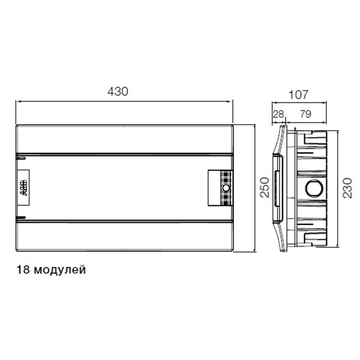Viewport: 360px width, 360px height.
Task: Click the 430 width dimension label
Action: click(x=118, y=91)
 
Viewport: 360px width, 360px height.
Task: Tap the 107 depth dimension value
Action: click(x=298, y=95)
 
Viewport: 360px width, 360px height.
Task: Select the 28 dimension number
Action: click(x=278, y=114)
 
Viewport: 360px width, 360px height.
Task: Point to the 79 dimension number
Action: click(x=305, y=114)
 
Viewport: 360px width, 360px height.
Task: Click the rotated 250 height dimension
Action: click(x=265, y=187)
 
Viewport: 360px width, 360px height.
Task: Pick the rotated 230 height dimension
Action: click(x=347, y=188)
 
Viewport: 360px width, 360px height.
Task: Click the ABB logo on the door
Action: click(x=23, y=188)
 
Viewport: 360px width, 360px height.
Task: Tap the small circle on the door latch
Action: click(x=226, y=188)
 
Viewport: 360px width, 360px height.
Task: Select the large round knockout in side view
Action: click(x=314, y=188)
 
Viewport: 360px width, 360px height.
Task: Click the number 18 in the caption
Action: click(x=23, y=269)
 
